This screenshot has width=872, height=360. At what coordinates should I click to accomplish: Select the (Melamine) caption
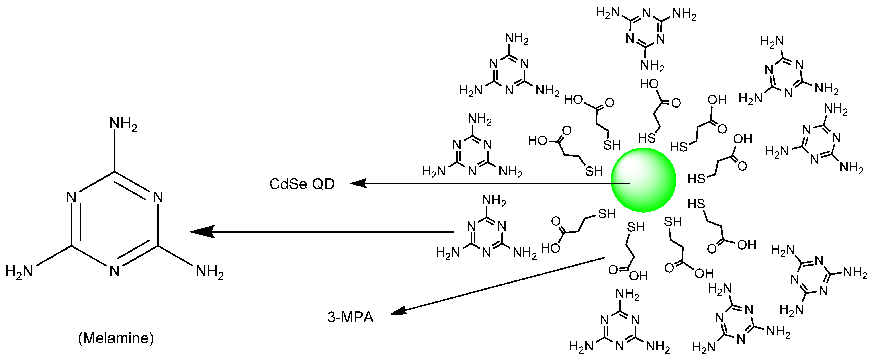pos(116,338)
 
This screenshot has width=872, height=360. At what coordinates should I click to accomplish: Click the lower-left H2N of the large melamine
pos(19,271)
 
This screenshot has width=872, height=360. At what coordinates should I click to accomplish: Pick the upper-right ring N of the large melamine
pos(158,197)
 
